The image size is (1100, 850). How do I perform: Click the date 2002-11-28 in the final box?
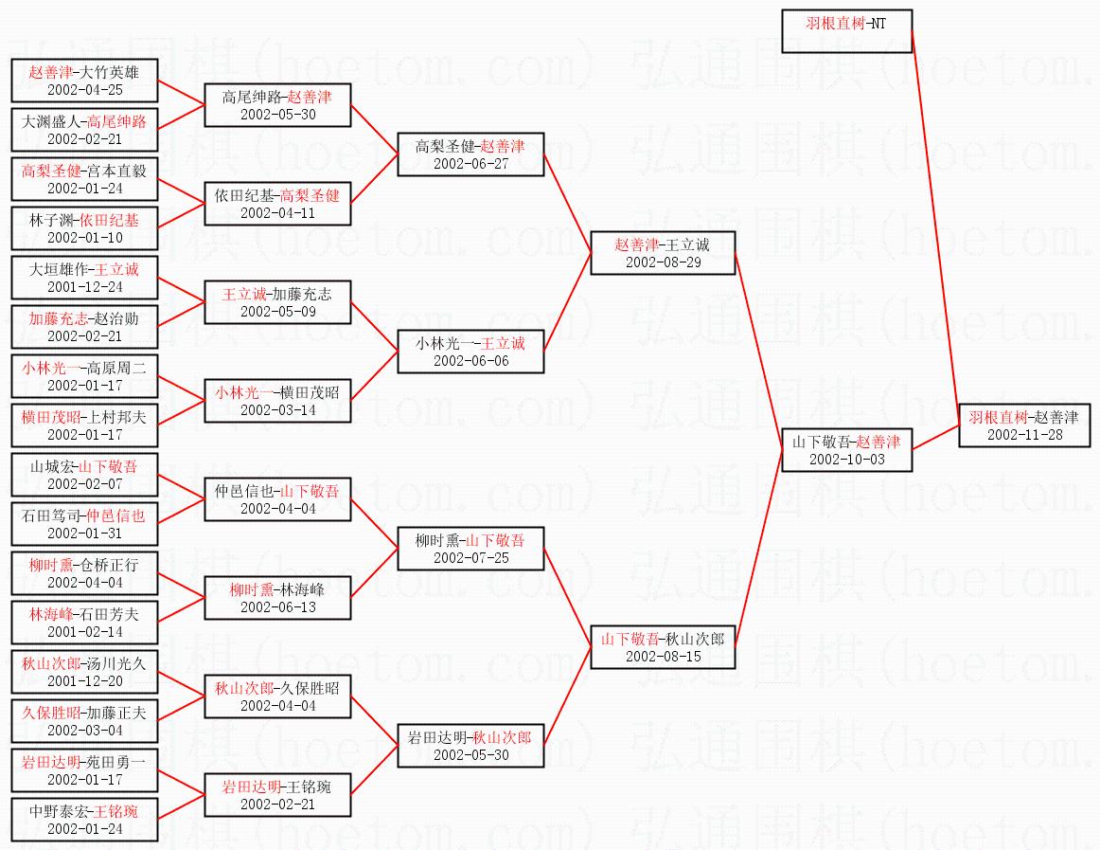tap(1025, 435)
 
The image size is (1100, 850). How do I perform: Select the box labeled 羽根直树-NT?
tap(846, 31)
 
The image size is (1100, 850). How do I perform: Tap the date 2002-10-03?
tap(846, 460)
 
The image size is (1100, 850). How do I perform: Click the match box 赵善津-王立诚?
tap(663, 253)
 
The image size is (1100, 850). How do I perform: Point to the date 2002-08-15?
tap(663, 657)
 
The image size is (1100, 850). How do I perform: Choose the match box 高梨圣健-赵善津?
tap(470, 154)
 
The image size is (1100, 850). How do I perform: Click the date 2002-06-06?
tap(470, 361)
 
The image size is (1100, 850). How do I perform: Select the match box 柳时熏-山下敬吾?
tap(470, 549)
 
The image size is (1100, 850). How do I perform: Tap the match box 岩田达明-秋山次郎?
tap(470, 746)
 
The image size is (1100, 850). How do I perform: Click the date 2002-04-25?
tap(85, 90)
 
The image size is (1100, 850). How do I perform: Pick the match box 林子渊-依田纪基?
tap(85, 228)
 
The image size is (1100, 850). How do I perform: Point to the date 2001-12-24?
tap(85, 287)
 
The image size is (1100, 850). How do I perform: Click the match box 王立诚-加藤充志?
tap(277, 302)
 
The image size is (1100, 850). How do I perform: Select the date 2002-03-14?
tap(277, 410)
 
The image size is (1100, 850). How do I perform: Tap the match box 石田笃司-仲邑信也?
tap(85, 524)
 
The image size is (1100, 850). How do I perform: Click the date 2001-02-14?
tap(85, 632)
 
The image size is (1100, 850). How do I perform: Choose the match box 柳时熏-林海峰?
tap(277, 598)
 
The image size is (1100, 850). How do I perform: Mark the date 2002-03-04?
tap(85, 731)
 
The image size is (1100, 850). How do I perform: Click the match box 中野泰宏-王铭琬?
tap(85, 819)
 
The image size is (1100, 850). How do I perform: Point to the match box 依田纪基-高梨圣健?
tap(277, 204)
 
